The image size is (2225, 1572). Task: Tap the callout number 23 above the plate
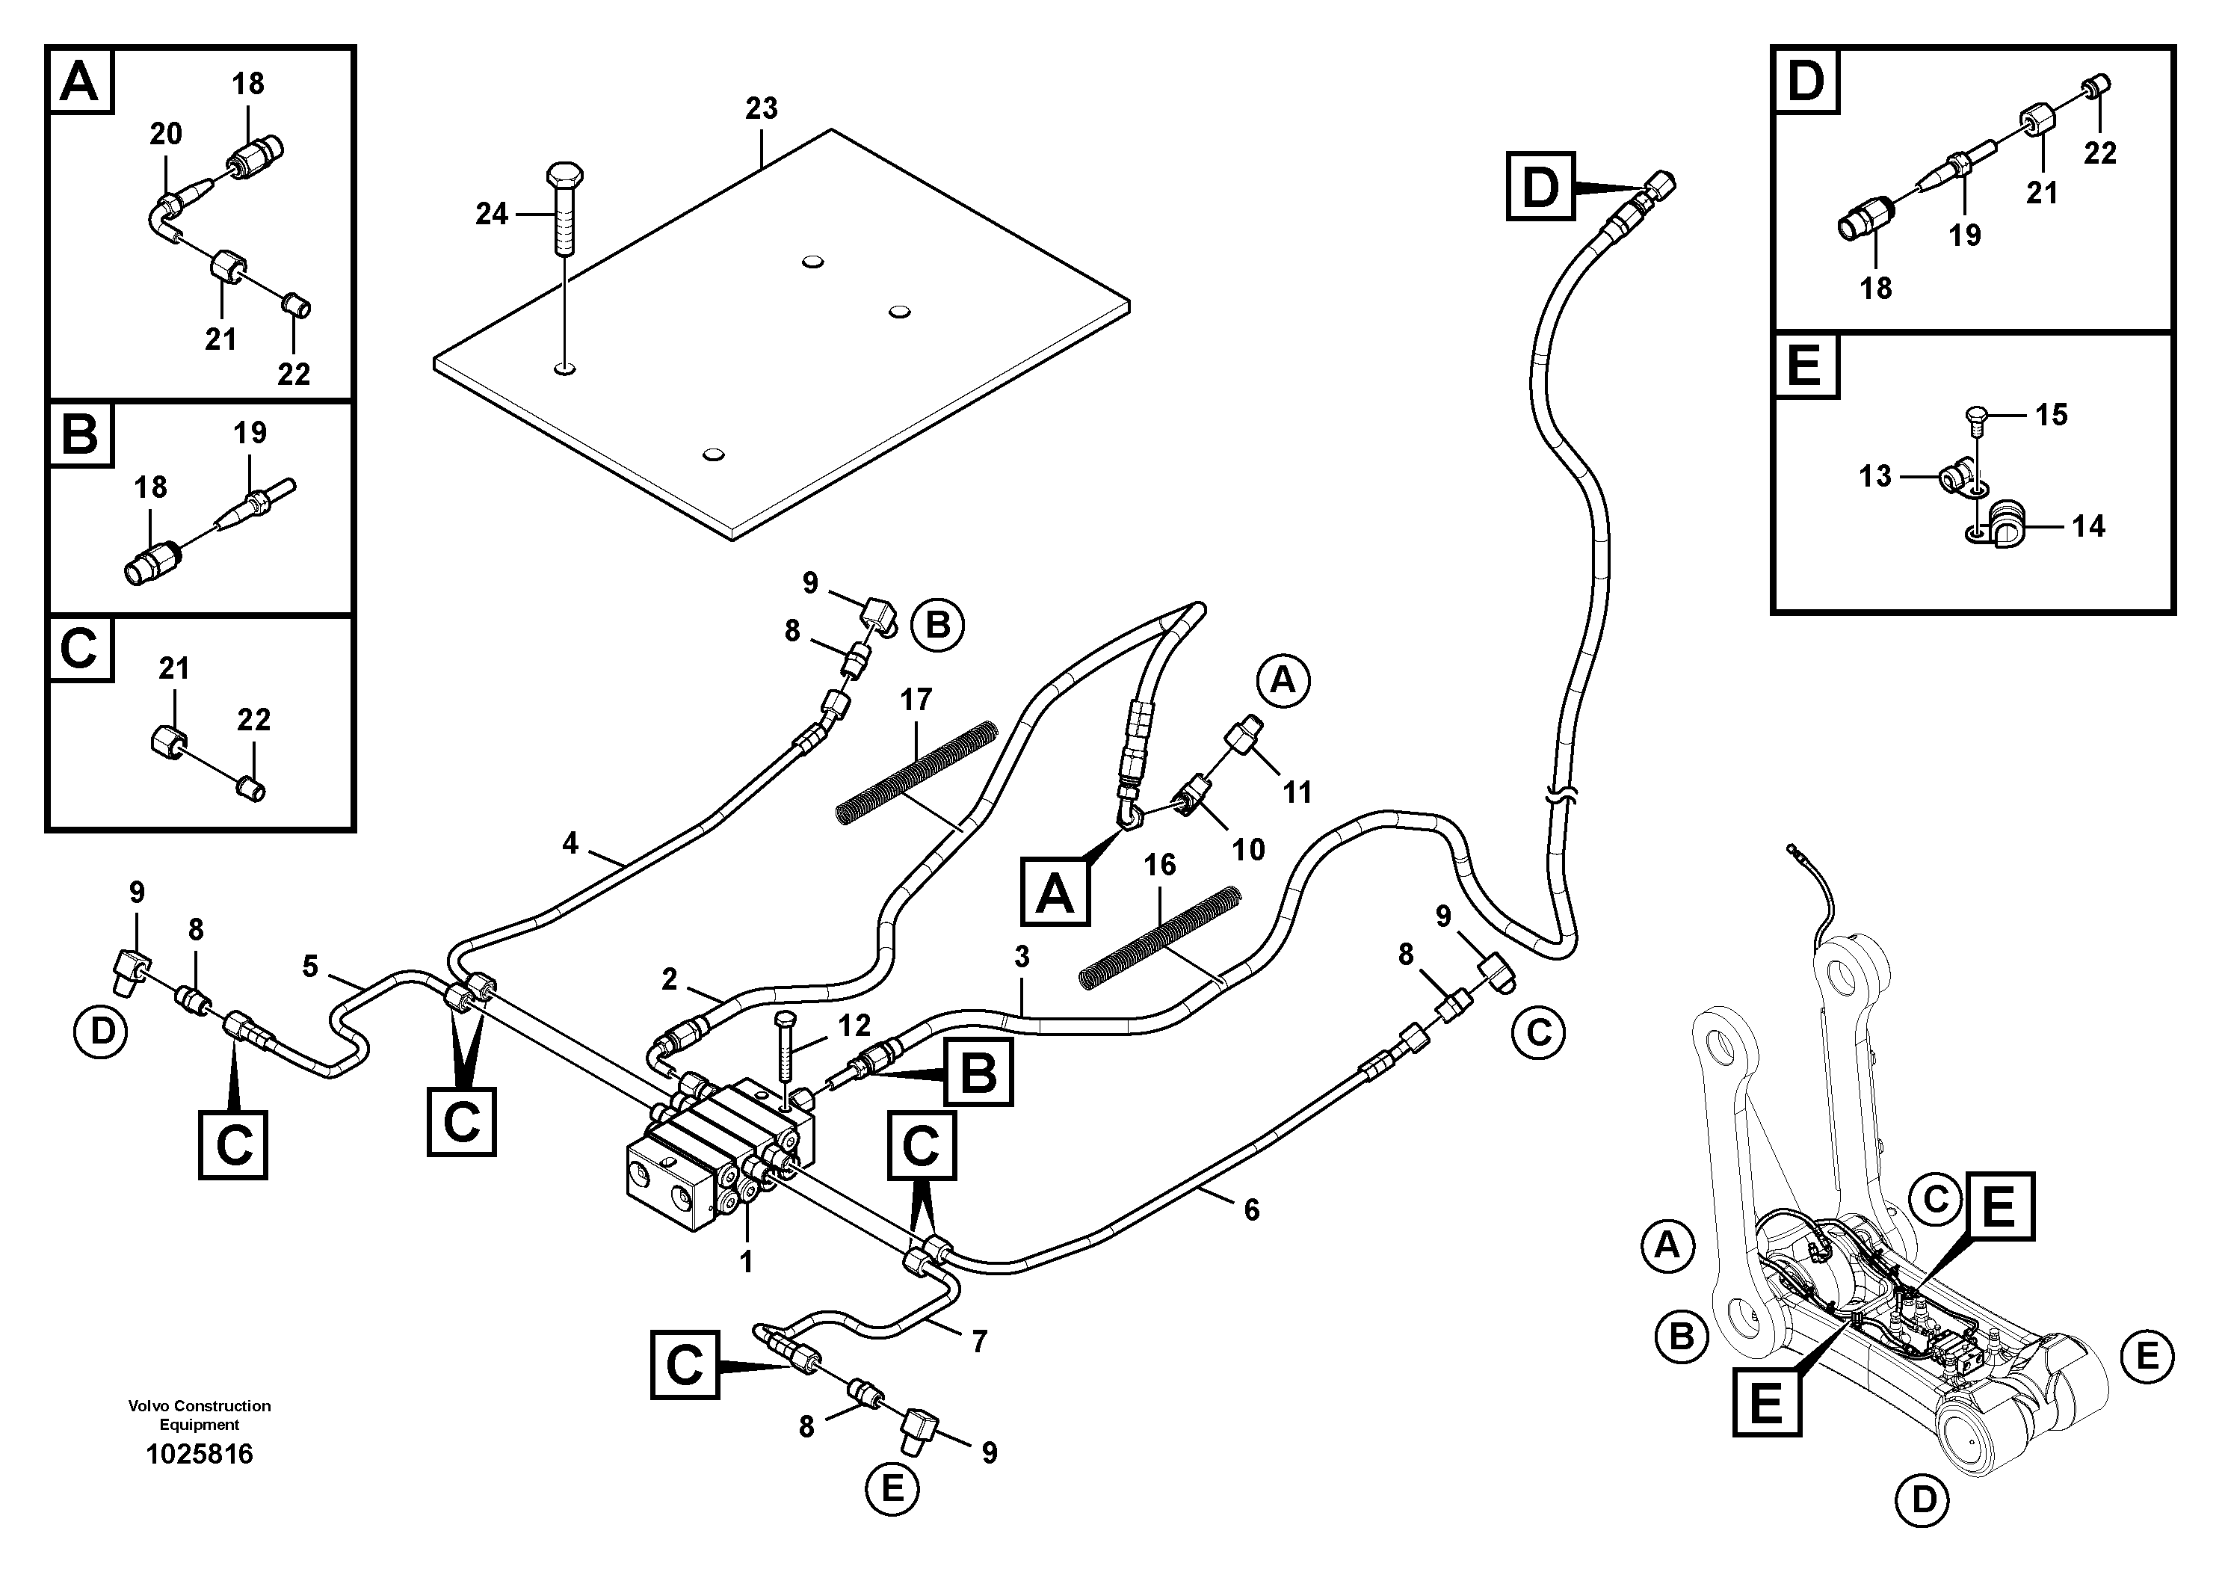click(761, 108)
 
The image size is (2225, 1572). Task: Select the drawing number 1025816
click(199, 1454)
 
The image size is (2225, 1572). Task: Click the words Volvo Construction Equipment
click(199, 1414)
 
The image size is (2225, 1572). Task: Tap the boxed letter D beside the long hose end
click(1540, 186)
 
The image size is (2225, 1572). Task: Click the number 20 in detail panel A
click(166, 134)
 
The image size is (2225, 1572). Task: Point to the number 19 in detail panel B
click(250, 432)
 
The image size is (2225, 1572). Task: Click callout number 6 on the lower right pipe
click(1251, 1209)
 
